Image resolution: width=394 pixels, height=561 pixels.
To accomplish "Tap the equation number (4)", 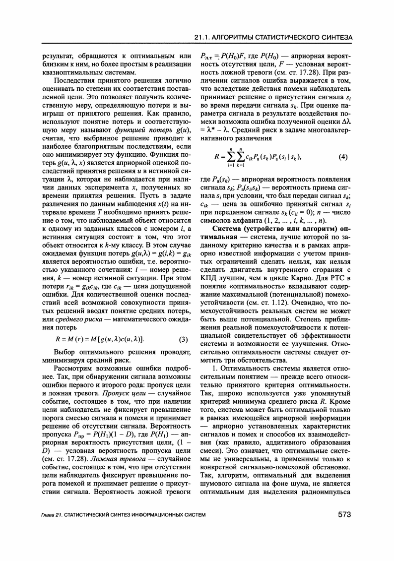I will tap(342, 157).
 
